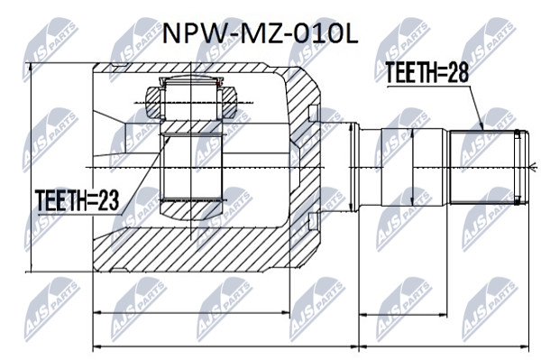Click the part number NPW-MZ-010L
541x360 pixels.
point(261,33)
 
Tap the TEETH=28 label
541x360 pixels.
point(426,73)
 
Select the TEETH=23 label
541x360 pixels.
point(77,200)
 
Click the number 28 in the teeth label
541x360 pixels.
point(458,73)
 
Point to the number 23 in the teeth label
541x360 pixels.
point(108,200)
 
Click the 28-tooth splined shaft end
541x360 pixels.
point(488,167)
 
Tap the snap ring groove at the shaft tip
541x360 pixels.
point(517,167)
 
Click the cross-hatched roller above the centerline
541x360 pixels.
point(191,103)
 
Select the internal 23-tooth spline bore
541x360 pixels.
point(191,168)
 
